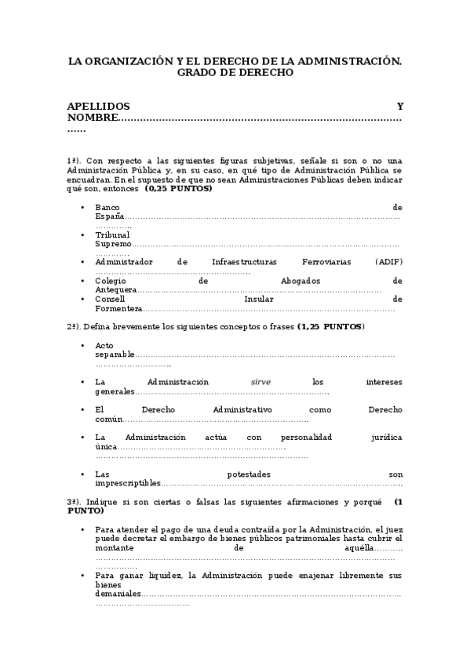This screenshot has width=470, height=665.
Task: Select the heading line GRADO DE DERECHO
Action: click(x=235, y=72)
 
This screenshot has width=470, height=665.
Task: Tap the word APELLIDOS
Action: click(x=98, y=106)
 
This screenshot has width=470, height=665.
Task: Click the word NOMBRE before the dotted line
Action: click(x=91, y=118)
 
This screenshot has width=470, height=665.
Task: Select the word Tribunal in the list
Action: click(x=112, y=234)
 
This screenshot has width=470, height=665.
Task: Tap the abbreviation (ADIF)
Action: click(x=388, y=262)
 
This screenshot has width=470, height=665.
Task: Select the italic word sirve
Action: click(x=261, y=382)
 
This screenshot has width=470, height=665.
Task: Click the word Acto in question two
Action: click(x=104, y=345)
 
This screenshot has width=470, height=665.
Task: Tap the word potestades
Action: click(x=249, y=474)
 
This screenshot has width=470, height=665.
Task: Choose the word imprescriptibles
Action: click(x=127, y=483)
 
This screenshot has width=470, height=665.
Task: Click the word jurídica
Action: click(x=385, y=437)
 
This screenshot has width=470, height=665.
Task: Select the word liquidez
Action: click(x=164, y=576)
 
